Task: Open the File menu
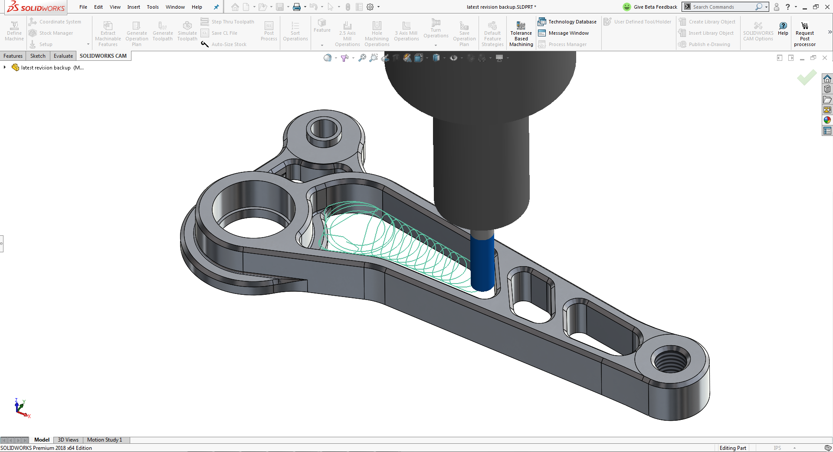point(83,7)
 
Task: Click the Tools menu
point(152,7)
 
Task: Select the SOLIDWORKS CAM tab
point(103,56)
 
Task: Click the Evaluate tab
point(63,56)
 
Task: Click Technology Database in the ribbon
point(567,22)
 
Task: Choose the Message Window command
point(564,33)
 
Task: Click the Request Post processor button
point(804,35)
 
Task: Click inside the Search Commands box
point(722,7)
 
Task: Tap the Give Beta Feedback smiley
point(626,7)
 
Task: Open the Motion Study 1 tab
point(105,440)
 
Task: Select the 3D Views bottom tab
point(68,440)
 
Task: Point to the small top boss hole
point(324,129)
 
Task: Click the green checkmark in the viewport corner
point(807,78)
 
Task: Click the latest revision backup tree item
point(46,68)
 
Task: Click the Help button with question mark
point(783,29)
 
